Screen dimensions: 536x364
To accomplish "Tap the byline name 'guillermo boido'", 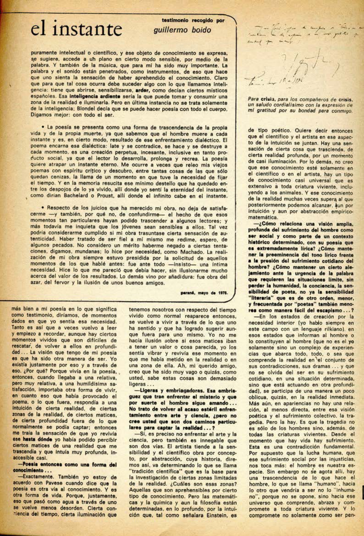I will tap(182, 30).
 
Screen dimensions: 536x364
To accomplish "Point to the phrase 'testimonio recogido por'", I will tap(193, 21).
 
